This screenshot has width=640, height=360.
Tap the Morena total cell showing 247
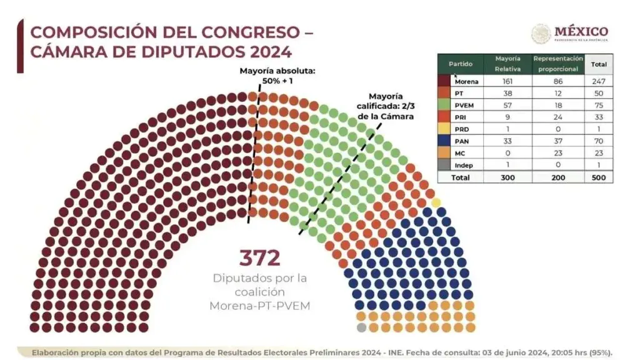click(599, 81)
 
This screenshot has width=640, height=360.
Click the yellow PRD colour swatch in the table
click(445, 129)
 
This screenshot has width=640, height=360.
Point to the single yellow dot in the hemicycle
click(436, 202)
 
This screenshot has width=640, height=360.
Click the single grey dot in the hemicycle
click(361, 327)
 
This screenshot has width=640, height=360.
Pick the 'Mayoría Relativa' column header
click(508, 64)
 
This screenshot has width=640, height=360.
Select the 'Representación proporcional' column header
click(557, 64)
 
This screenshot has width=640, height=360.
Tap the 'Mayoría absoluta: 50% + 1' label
click(277, 76)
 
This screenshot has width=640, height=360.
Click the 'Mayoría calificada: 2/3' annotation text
click(385, 106)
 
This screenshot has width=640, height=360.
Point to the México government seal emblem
click(541, 34)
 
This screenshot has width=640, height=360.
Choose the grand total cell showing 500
click(599, 177)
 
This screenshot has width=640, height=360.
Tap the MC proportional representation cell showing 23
click(557, 154)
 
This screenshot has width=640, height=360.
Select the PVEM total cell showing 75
click(599, 106)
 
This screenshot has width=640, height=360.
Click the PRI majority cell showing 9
click(508, 117)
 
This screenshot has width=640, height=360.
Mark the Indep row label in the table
click(463, 166)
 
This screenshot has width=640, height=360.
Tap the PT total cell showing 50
click(599, 93)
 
